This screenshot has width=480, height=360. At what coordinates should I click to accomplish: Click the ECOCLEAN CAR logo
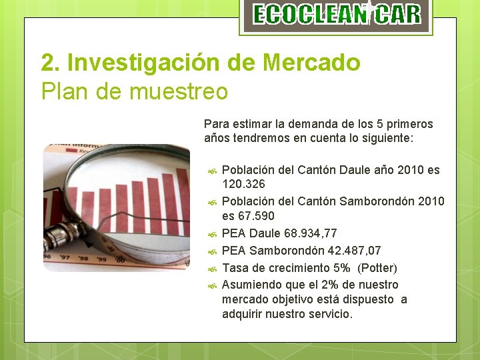337,15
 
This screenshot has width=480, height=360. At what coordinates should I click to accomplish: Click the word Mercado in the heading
312,63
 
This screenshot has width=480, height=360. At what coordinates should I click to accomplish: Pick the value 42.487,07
351,251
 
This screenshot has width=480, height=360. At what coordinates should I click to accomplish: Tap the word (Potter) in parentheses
377,268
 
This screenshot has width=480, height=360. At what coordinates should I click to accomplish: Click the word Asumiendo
250,285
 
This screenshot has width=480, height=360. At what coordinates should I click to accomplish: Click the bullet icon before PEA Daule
211,235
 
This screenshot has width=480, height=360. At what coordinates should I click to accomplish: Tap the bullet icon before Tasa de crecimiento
211,269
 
